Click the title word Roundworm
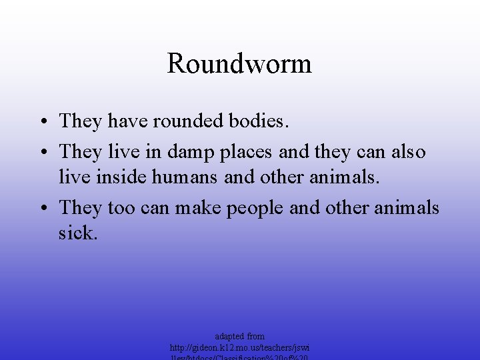239,64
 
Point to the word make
200,208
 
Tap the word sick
78,233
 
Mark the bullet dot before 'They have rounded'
42,122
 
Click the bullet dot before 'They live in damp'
42,153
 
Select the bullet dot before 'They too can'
42,209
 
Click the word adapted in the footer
229,336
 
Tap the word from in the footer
256,336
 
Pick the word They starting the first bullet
81,121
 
